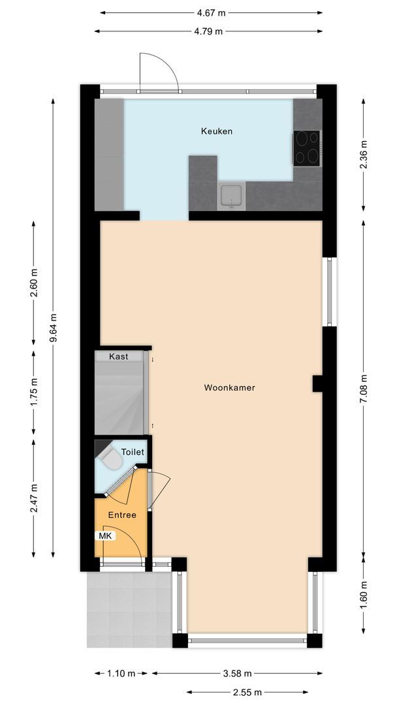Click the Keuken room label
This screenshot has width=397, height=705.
[x=216, y=131]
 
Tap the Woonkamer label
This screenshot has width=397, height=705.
[x=229, y=387]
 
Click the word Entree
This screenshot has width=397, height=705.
[x=123, y=515]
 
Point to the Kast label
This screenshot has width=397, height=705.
[x=119, y=356]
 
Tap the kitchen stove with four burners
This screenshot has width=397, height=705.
[x=307, y=148]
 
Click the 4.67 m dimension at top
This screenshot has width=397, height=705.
[x=213, y=12]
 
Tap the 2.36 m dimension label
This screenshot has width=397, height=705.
[x=364, y=155]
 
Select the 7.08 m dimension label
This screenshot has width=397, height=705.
[x=364, y=388]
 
